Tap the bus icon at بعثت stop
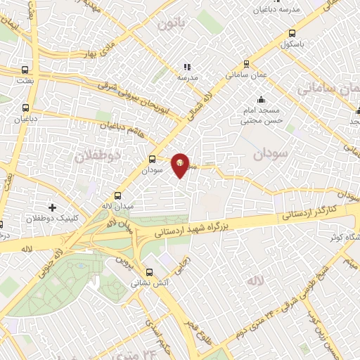click(x=26, y=70)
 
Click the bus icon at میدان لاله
click(x=117, y=195)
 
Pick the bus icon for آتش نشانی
click(x=148, y=272)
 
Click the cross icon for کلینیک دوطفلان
click(x=53, y=207)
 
